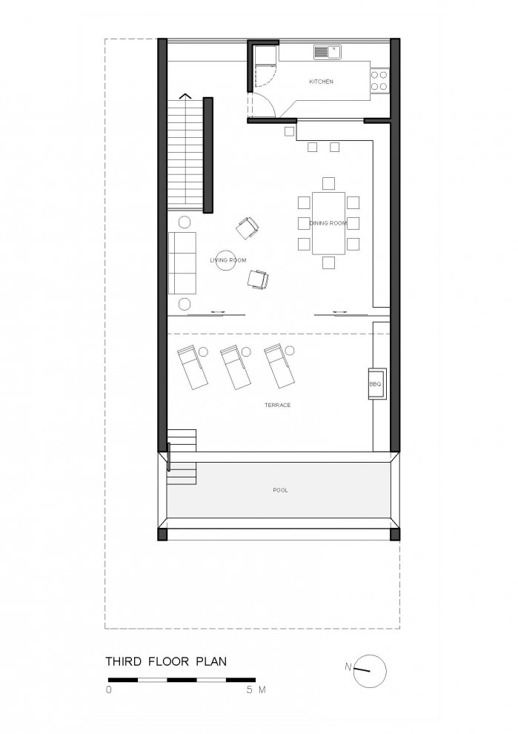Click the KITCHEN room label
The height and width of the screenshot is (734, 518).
pyautogui.click(x=321, y=82)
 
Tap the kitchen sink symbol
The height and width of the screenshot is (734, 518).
pyautogui.click(x=328, y=51)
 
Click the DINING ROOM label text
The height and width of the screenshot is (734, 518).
pyautogui.click(x=328, y=223)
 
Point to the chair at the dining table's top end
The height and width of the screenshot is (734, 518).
pyautogui.click(x=328, y=183)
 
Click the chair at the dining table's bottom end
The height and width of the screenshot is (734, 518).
pyautogui.click(x=328, y=262)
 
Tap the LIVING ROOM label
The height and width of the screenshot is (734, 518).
pyautogui.click(x=228, y=260)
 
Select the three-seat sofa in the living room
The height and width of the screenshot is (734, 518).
pyautogui.click(x=182, y=262)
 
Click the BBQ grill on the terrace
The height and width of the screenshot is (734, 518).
pyautogui.click(x=376, y=384)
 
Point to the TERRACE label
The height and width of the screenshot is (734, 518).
pyautogui.click(x=277, y=405)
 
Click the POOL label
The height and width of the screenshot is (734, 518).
pyautogui.click(x=280, y=490)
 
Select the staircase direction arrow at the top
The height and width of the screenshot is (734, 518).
pyautogui.click(x=186, y=96)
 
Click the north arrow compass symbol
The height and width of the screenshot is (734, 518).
pyautogui.click(x=370, y=671)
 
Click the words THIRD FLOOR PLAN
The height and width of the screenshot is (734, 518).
pyautogui.click(x=166, y=661)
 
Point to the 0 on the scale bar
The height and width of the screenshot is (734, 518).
pyautogui.click(x=109, y=690)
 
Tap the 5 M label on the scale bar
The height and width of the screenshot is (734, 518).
pyautogui.click(x=256, y=690)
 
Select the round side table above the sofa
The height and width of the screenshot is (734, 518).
pyautogui.click(x=185, y=222)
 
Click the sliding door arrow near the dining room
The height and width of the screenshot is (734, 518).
pyautogui.click(x=339, y=311)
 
